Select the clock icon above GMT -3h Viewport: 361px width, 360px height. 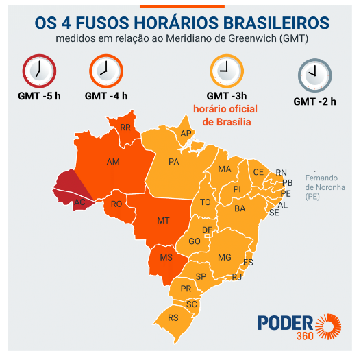pos(225,69)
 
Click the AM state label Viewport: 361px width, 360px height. pos(114,162)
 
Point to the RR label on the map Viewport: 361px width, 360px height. pos(125,128)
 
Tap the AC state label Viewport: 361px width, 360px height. pos(79,202)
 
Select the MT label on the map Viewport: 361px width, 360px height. pos(163,220)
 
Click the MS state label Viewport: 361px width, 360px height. pos(166,258)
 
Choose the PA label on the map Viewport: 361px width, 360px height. pos(173,162)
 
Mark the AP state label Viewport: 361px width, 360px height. pos(186,134)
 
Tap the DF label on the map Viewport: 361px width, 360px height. pos(207,230)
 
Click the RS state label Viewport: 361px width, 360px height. pos(173,317)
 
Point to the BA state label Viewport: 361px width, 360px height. pos(240,208)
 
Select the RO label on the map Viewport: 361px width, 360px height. pos(116,204)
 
